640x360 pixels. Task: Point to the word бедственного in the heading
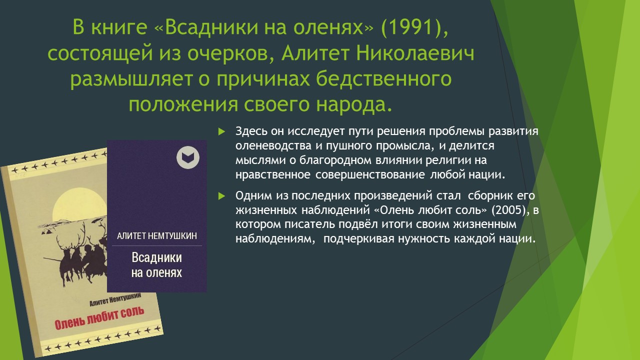pos(383,79)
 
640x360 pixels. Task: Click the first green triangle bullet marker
pos(221,131)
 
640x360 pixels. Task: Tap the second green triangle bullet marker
pos(221,196)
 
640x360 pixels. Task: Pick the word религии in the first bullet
pos(447,160)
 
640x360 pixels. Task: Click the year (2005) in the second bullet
pos(509,210)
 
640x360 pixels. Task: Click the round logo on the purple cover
pos(187,157)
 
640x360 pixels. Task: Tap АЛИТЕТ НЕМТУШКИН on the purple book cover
pos(157,236)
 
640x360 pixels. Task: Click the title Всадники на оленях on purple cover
pos(156,265)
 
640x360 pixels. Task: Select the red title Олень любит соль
pos(99,319)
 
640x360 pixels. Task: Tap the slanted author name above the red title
pos(115,299)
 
